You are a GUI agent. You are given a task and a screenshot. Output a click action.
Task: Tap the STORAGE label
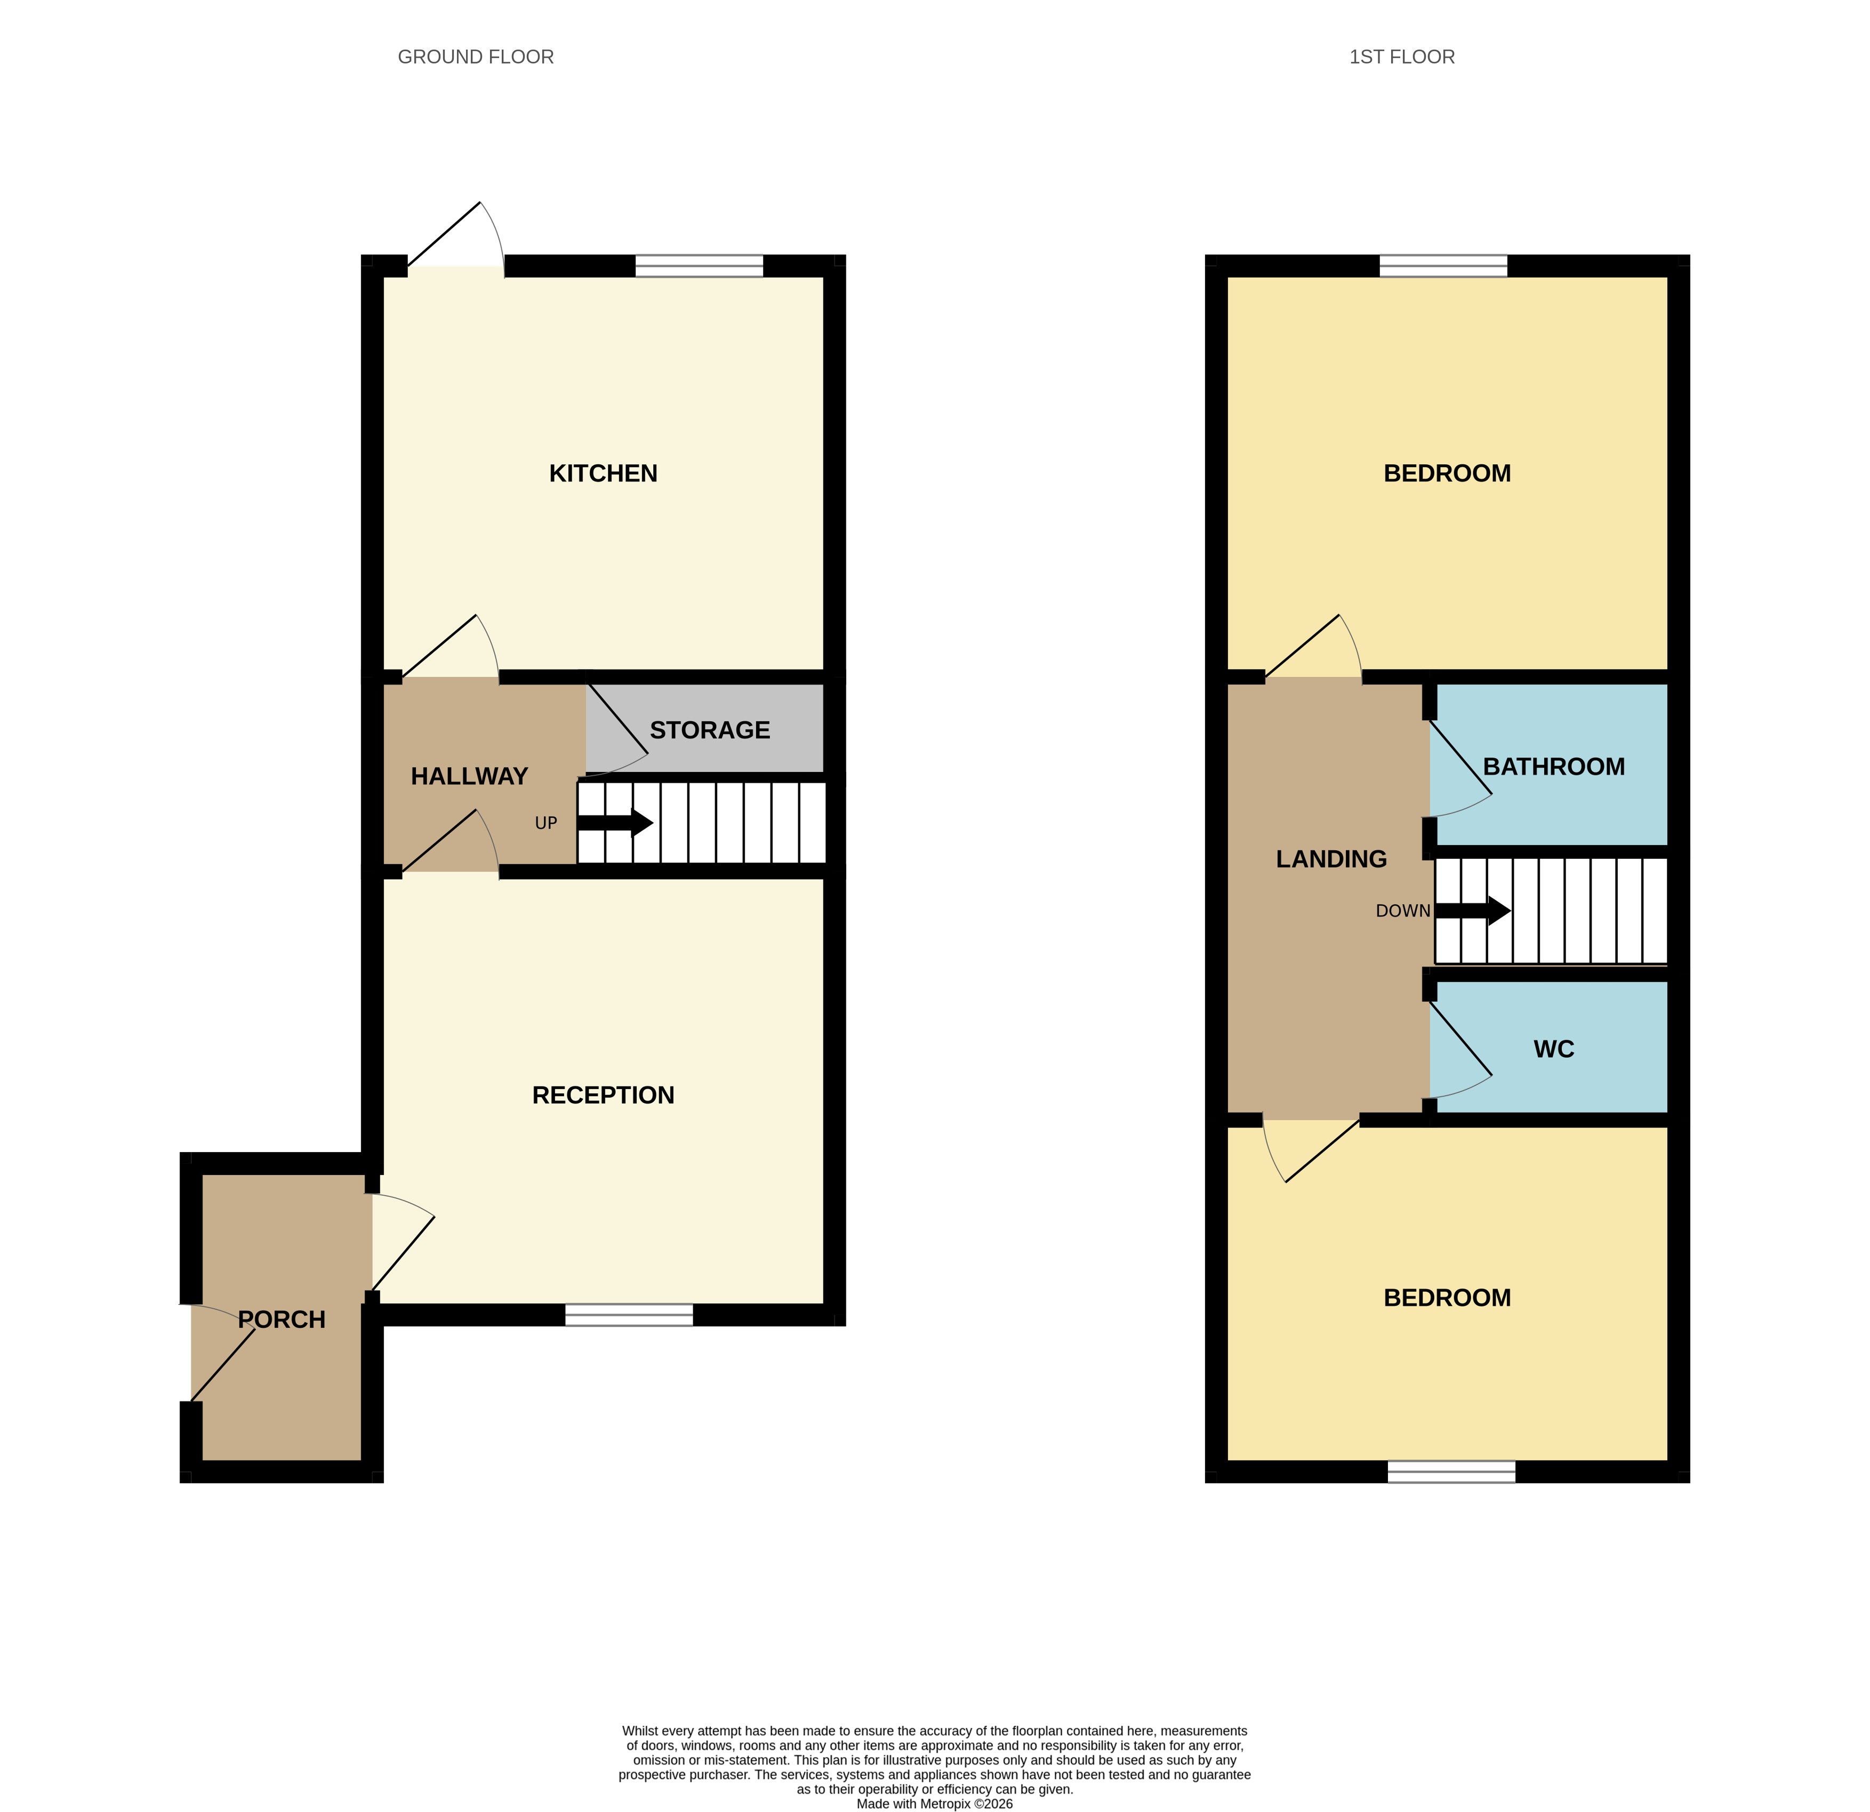tap(710, 730)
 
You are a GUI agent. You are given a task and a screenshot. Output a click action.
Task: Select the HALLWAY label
tap(469, 776)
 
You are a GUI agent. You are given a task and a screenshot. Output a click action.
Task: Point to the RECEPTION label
tap(603, 1095)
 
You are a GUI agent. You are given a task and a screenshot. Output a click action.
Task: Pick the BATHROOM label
tap(1554, 767)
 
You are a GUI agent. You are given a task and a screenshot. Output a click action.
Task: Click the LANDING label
tap(1332, 859)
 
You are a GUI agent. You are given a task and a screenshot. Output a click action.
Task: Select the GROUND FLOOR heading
tap(476, 57)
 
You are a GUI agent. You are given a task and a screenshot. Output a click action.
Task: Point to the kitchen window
tap(700, 266)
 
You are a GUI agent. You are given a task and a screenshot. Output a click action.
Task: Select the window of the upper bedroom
tap(1443, 266)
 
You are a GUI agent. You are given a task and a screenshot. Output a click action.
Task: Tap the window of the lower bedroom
tap(1451, 1471)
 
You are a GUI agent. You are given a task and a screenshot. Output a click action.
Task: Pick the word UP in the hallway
tap(545, 823)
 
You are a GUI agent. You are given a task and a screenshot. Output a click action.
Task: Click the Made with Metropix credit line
tap(935, 1803)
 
